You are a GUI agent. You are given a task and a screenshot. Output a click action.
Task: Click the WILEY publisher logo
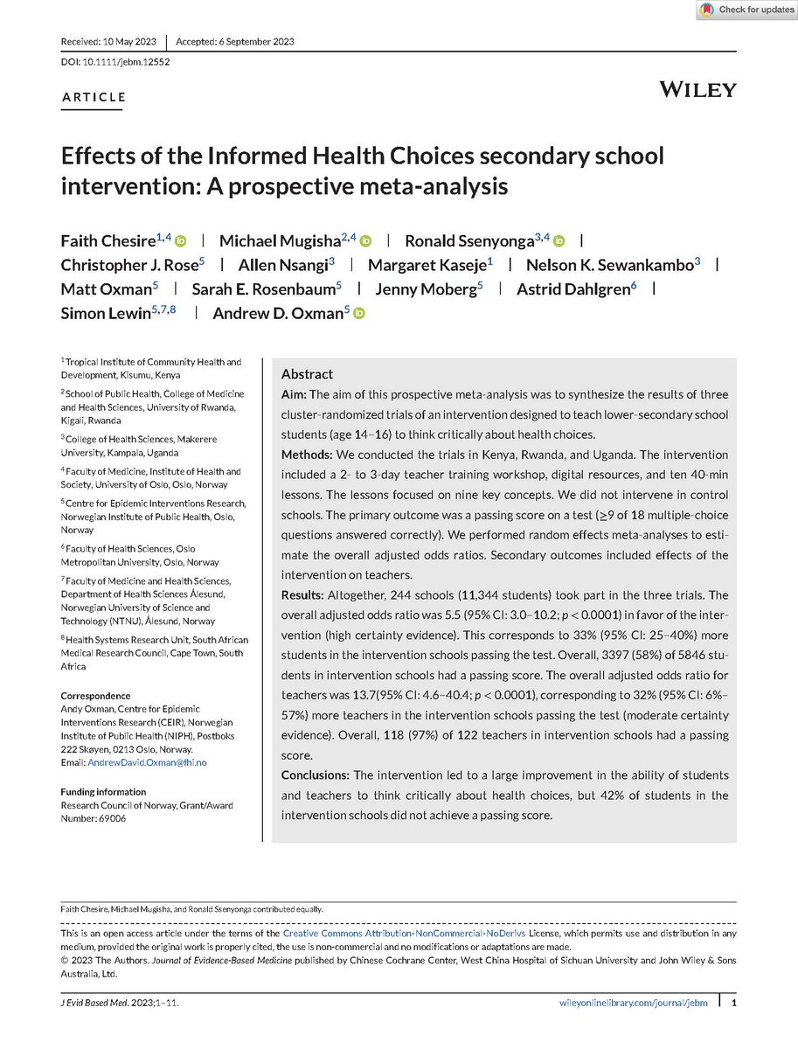coord(697,89)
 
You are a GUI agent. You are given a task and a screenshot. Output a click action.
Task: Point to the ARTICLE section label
coord(94,97)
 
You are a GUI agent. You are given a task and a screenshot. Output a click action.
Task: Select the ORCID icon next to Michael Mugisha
coord(366,241)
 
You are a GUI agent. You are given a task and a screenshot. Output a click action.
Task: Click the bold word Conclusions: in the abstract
coord(314,775)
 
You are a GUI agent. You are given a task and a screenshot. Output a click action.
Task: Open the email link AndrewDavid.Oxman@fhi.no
coord(148,762)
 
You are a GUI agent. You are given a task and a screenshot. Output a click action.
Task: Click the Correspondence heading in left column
coord(95,696)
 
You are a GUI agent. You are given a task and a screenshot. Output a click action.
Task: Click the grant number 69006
coord(113,818)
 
